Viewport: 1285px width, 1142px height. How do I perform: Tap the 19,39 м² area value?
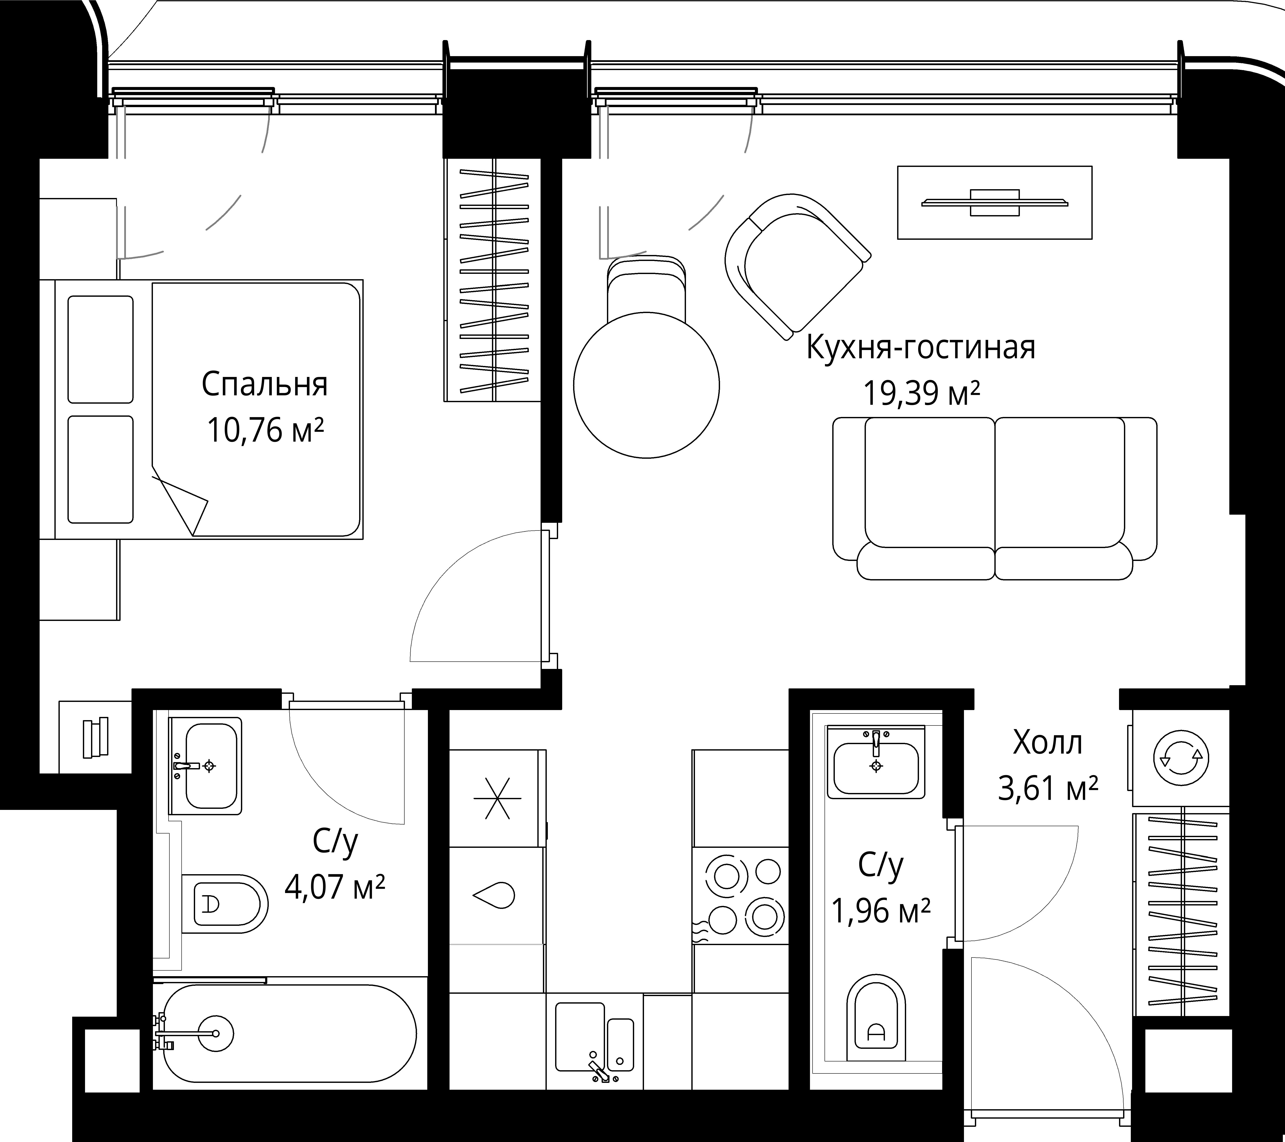click(x=922, y=394)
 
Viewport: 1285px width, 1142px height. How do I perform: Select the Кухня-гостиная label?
click(x=920, y=348)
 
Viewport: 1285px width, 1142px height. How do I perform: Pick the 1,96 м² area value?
click(x=881, y=910)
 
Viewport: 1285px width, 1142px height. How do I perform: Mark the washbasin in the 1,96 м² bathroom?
click(x=876, y=763)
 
